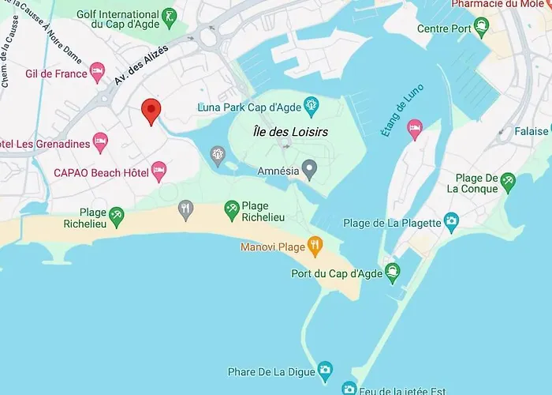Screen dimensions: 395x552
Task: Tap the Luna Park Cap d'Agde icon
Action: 312,103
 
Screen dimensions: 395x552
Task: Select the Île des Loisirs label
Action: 290,132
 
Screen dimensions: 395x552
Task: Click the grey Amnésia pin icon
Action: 311,167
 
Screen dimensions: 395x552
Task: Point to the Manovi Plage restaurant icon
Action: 315,246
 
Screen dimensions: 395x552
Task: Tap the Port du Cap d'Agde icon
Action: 392,273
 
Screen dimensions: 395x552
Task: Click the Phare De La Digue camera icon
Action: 325,370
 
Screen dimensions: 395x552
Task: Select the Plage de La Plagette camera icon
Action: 451,220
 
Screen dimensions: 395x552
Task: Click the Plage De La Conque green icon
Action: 508,182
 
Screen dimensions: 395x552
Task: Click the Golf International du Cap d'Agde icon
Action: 168,18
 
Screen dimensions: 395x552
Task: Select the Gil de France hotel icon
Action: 97,72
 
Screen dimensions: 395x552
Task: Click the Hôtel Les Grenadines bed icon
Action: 100,142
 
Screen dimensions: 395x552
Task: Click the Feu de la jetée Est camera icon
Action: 349,388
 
